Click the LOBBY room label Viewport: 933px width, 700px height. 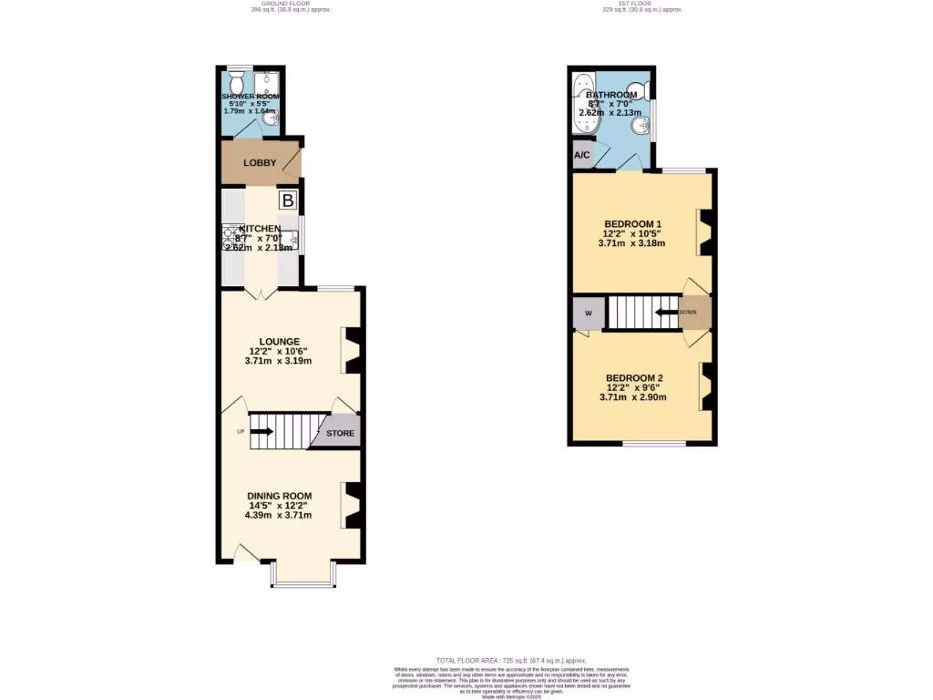[260, 163]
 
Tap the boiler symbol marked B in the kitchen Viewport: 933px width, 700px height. [287, 201]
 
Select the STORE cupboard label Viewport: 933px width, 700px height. [341, 433]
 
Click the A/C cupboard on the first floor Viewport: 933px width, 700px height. [582, 156]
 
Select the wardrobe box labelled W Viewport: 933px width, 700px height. [588, 314]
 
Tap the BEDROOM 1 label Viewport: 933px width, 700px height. [633, 224]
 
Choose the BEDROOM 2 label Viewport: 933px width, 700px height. [633, 378]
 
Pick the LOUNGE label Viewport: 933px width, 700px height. [278, 342]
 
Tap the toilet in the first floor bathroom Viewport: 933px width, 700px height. [643, 90]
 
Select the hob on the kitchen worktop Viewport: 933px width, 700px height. [229, 238]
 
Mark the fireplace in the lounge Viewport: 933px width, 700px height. [352, 351]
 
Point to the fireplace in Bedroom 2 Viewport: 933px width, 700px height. [705, 386]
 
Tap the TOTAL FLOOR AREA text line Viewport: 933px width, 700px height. [511, 660]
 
